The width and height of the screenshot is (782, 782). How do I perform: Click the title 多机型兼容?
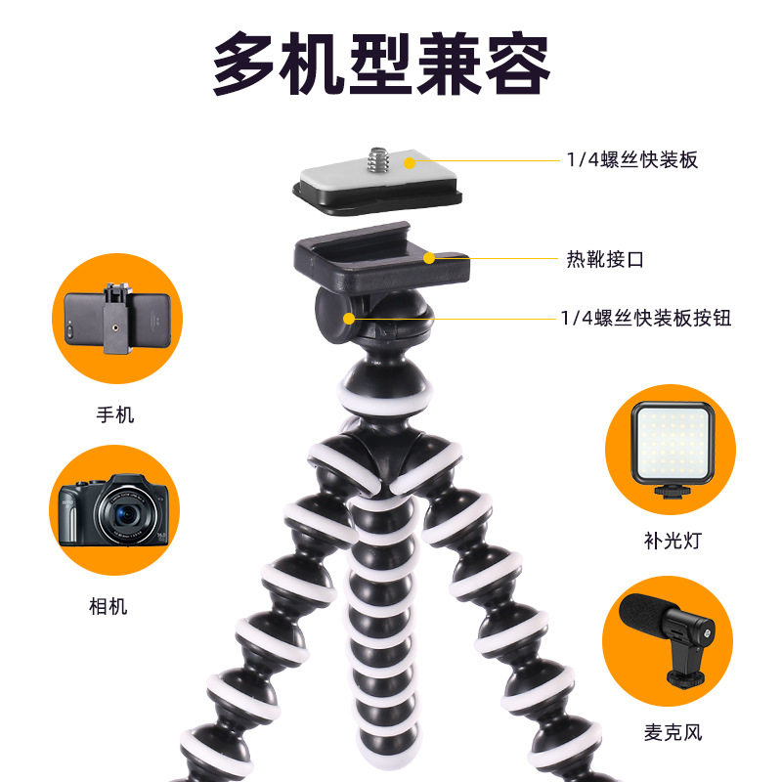click(381, 64)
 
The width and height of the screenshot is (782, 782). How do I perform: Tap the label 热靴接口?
click(605, 259)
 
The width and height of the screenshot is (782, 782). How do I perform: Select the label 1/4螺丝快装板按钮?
click(646, 319)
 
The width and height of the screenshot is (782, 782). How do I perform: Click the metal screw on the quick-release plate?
click(378, 158)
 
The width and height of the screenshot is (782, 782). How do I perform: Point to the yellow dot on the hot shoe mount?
click(429, 258)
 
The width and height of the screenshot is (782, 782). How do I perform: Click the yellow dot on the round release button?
click(349, 319)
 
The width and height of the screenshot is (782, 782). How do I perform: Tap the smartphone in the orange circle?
click(117, 320)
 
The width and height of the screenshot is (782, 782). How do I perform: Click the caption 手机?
click(115, 414)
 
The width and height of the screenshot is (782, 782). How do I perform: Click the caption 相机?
click(108, 607)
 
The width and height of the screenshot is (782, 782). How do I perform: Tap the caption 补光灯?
click(673, 541)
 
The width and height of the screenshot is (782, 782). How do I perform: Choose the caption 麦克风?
click(673, 732)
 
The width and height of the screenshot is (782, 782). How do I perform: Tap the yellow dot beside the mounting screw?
click(410, 162)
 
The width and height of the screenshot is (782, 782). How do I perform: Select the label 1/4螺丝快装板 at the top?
click(631, 160)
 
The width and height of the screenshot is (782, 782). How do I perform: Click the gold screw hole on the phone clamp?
click(116, 328)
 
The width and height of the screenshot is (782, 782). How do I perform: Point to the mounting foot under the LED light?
click(673, 492)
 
